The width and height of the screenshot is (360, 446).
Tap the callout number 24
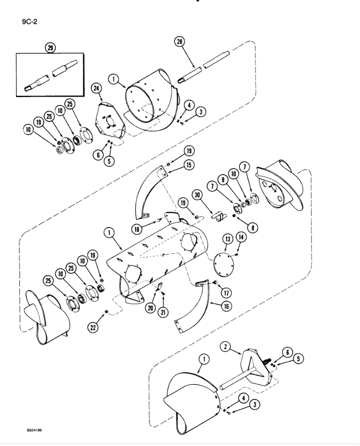[96, 88]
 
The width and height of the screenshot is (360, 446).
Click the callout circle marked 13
[228, 239]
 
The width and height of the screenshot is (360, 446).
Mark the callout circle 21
[164, 312]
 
